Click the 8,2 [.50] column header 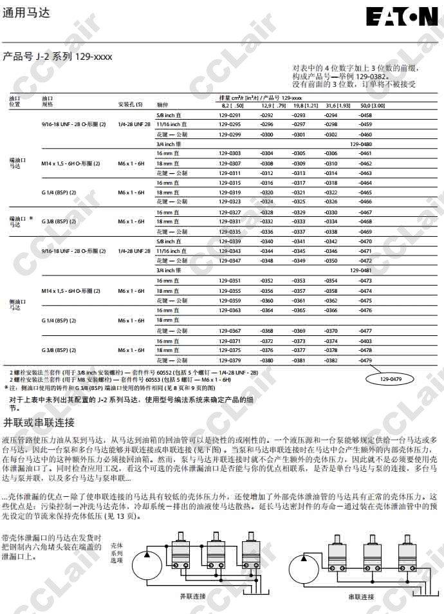pos(232,105)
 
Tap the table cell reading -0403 pos(365,340)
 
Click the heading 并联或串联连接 pos(39,423)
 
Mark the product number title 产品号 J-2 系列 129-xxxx pos(57,57)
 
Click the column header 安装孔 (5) pos(129,104)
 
